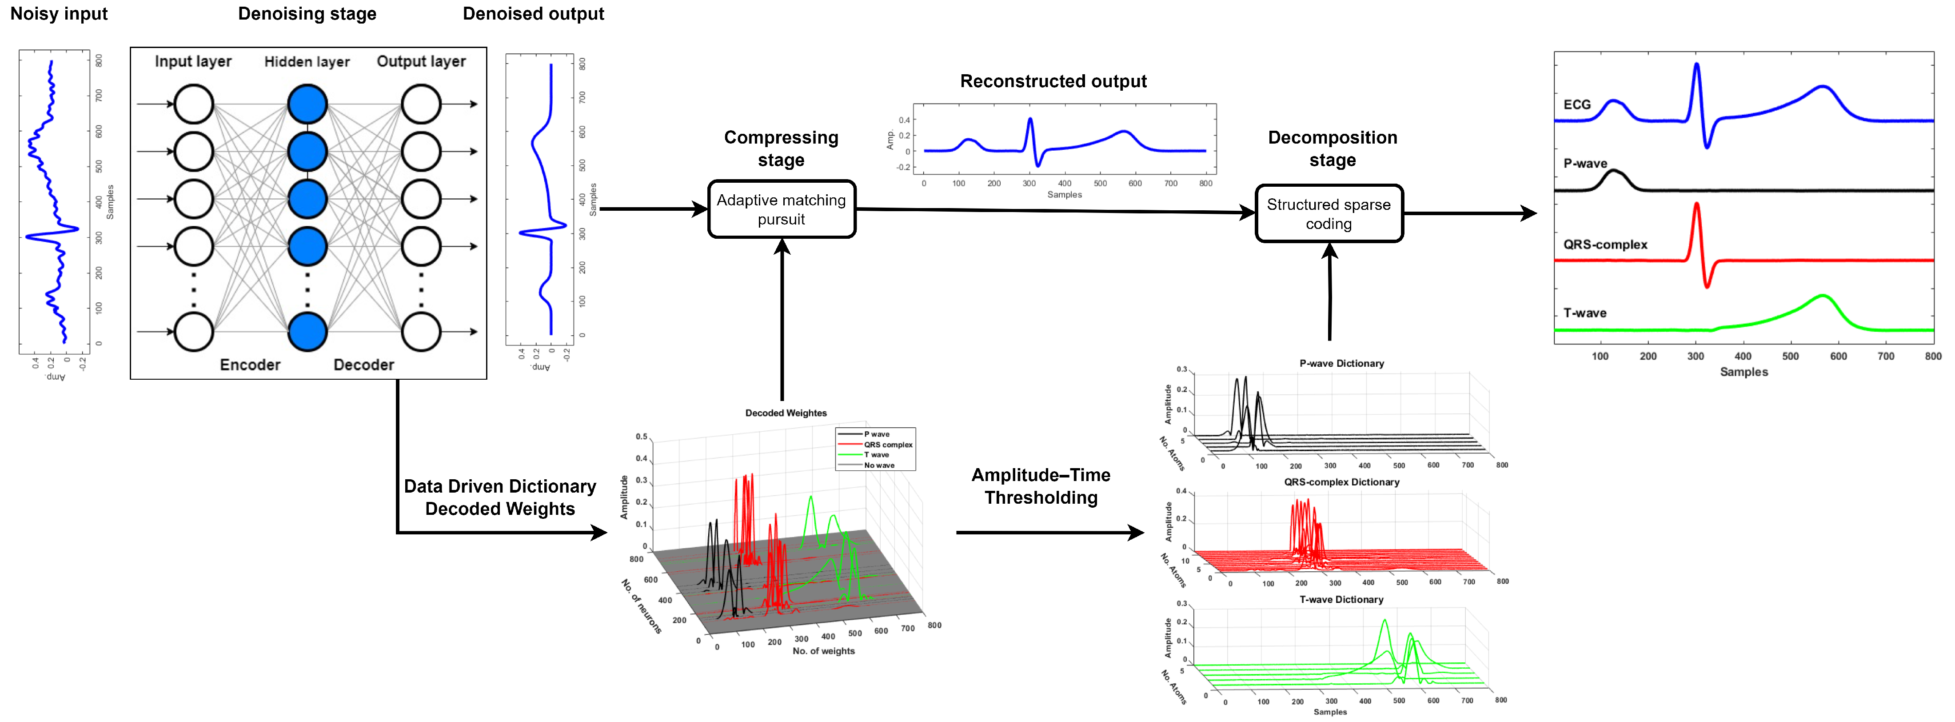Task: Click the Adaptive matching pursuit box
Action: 781,209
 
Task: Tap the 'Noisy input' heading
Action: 59,14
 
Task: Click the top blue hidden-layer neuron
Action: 307,104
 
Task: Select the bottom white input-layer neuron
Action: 194,332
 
